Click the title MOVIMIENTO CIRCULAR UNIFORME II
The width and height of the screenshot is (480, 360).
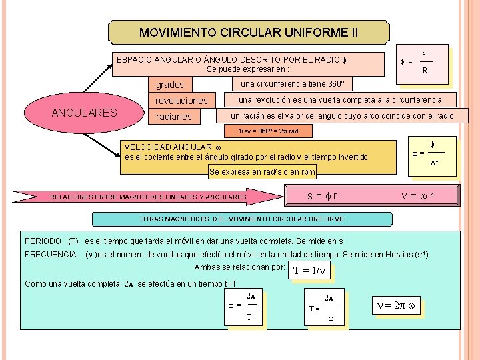pos(249,32)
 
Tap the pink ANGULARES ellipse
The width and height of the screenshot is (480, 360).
pos(83,113)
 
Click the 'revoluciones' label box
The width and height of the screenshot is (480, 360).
pos(182,101)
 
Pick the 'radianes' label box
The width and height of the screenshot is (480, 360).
pos(174,117)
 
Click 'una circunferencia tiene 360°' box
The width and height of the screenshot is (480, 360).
pos(292,85)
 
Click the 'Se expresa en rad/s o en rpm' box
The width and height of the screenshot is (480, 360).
pos(262,172)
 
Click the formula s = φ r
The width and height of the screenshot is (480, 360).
pos(322,195)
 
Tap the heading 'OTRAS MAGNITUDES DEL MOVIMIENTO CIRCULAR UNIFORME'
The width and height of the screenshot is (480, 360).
pos(242,219)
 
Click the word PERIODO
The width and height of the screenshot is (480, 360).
pos(41,241)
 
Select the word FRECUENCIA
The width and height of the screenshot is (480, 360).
pos(51,255)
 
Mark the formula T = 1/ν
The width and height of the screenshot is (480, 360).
pos(311,271)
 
